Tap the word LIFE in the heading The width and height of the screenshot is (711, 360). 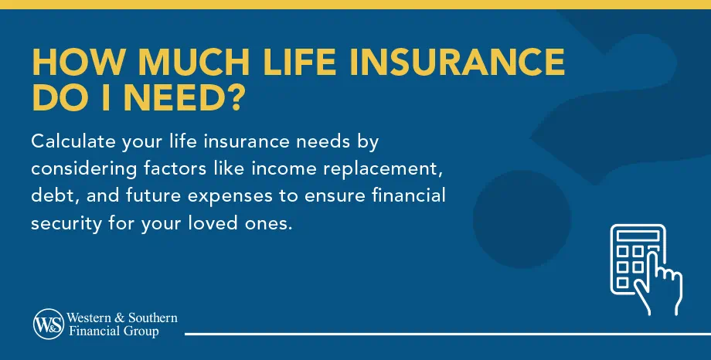click(284, 63)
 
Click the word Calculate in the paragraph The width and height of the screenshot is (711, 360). click(71, 142)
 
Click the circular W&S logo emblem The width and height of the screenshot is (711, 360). click(48, 325)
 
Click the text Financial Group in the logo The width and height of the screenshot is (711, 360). click(114, 332)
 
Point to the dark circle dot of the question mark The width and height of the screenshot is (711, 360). click(516, 218)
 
